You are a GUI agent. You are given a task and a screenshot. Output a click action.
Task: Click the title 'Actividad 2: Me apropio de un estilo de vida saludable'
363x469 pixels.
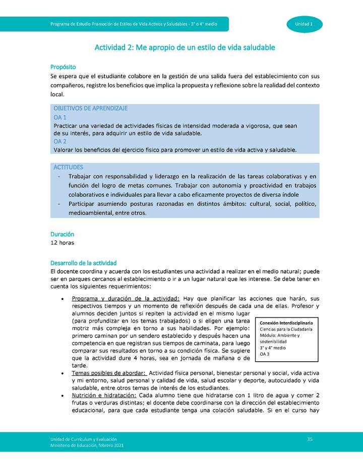click(x=185, y=47)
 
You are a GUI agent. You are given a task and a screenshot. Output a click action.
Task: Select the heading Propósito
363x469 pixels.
click(x=63, y=67)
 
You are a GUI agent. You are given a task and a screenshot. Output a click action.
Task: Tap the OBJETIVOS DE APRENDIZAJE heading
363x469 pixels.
click(x=90, y=108)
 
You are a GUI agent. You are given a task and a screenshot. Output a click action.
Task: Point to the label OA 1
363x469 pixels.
click(x=60, y=117)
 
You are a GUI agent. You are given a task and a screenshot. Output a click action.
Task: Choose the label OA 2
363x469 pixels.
click(x=60, y=141)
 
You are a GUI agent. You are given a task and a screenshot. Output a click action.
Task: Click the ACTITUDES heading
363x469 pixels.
click(x=68, y=167)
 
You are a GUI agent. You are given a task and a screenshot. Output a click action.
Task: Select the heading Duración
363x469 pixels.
click(x=62, y=234)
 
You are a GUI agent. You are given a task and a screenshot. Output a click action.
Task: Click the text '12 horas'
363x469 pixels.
click(x=62, y=243)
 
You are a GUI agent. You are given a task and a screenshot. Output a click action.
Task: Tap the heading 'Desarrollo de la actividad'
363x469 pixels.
click(x=83, y=263)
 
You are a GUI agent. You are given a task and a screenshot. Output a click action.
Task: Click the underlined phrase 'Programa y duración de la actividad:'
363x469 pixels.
click(x=126, y=298)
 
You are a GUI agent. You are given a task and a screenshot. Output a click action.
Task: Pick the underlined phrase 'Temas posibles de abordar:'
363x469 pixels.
click(x=109, y=373)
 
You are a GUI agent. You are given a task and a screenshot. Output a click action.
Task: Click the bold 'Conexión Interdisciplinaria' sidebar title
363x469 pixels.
click(x=286, y=323)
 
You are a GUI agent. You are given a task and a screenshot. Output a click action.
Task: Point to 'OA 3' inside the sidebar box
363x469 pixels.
click(x=265, y=354)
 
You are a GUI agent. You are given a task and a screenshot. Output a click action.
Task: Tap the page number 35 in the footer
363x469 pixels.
click(x=310, y=439)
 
